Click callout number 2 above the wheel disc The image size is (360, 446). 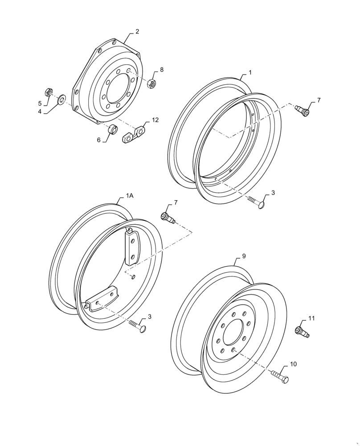[x=137, y=32]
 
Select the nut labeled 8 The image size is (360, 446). [x=151, y=83]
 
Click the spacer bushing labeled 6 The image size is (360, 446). [x=113, y=130]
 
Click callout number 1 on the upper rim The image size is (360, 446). [x=250, y=72]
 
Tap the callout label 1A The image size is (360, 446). [x=129, y=196]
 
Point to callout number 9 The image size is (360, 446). [x=244, y=256]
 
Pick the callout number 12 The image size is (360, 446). [x=155, y=120]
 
